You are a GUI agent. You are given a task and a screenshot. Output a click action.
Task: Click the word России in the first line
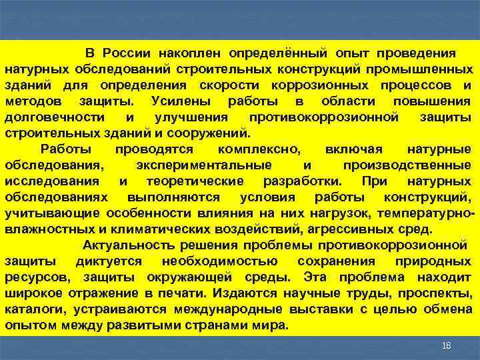[128, 53]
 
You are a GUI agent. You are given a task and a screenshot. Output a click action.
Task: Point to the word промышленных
[430, 69]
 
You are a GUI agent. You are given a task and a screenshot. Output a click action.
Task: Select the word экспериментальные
[203, 165]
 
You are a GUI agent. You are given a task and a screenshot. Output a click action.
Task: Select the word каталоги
[30, 309]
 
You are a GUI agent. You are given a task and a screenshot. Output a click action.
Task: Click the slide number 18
[447, 345]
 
